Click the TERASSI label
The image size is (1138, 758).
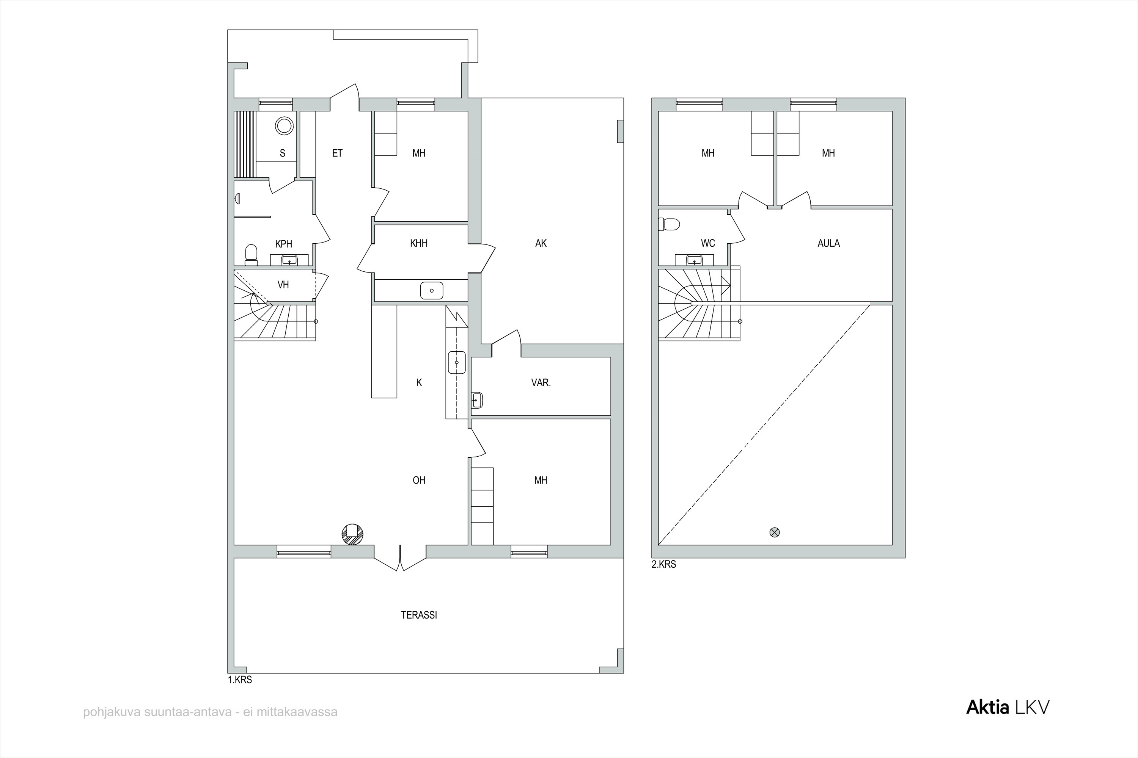coord(419,615)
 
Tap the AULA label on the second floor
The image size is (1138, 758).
coord(828,243)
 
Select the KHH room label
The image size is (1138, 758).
coord(419,243)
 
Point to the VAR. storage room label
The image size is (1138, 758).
coord(541,382)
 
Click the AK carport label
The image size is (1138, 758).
coord(541,243)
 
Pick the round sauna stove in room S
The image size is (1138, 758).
coord(284,126)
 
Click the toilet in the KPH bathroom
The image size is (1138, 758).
coord(251,255)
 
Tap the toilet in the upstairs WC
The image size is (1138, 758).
coord(669,224)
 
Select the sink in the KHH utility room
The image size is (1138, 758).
coord(432,291)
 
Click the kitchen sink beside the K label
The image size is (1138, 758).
coord(457,363)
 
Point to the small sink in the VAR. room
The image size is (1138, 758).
coord(477,400)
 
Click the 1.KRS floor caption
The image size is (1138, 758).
coord(240,680)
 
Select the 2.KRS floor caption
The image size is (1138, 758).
coord(664,564)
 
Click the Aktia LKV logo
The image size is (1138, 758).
coord(1008,707)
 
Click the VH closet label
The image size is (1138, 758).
coord(283,285)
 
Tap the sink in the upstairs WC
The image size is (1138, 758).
coord(694,260)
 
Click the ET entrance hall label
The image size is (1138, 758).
coord(337,153)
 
